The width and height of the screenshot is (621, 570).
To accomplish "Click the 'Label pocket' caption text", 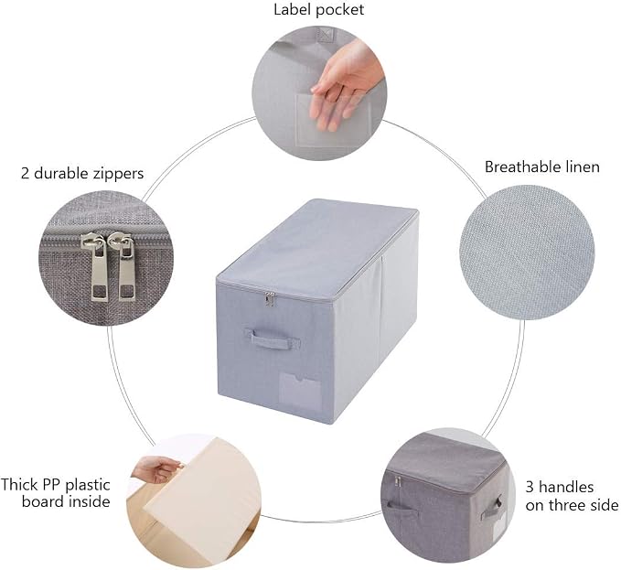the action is click(319, 9).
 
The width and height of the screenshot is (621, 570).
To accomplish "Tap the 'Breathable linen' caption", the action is click(541, 167).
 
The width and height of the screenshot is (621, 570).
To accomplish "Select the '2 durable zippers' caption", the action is click(82, 174).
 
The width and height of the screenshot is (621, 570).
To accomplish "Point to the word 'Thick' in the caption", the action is click(20, 484).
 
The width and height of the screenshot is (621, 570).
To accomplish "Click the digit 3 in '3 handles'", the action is click(530, 487).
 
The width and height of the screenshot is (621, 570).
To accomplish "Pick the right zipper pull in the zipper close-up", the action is click(124, 266).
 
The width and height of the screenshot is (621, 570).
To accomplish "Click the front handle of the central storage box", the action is click(272, 339).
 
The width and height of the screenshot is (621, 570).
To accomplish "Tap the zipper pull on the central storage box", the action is click(270, 298).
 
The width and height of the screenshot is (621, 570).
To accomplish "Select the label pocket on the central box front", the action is click(300, 391).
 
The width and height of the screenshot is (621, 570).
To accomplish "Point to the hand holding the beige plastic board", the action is click(156, 469).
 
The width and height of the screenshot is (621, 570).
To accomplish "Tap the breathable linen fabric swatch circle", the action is click(527, 252).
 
